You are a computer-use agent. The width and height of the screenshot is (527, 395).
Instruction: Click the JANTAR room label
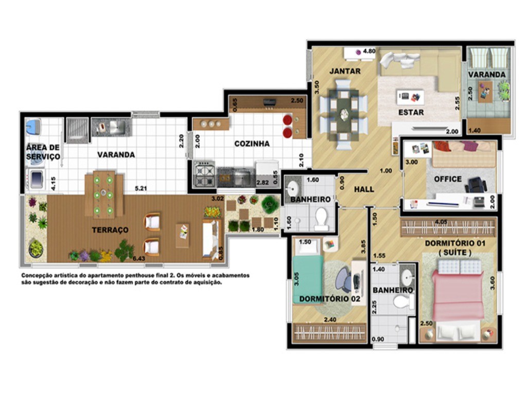(345, 71)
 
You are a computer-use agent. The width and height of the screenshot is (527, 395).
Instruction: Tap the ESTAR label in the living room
(411, 112)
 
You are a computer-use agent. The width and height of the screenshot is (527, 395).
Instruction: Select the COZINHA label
(252, 144)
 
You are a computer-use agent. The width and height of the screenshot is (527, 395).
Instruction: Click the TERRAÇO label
(111, 230)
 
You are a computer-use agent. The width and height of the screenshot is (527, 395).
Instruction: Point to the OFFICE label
(447, 179)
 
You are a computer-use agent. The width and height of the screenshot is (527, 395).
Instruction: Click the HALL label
(364, 189)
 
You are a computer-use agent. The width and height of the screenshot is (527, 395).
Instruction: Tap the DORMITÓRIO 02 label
(329, 299)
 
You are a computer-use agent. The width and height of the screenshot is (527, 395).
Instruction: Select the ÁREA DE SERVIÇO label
(43, 152)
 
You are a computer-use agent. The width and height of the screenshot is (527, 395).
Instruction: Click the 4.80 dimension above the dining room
(369, 51)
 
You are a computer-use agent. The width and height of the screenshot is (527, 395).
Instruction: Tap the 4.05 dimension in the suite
(441, 222)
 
